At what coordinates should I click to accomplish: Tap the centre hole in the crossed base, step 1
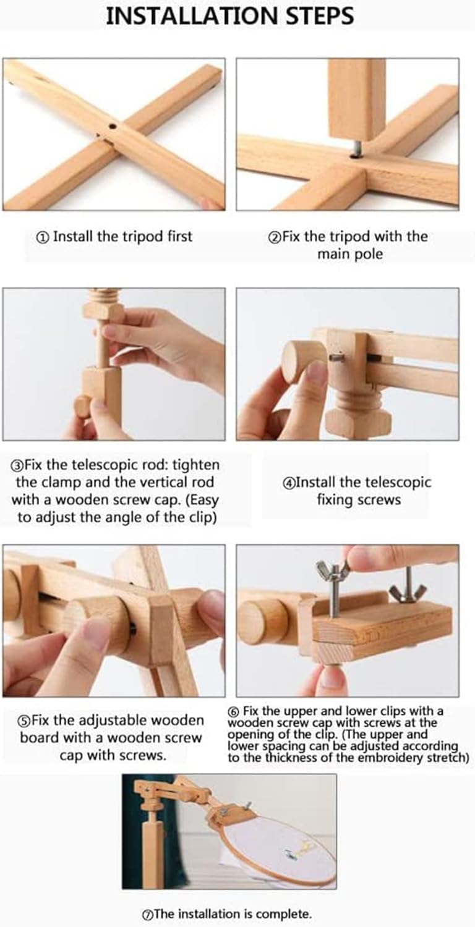[112, 125]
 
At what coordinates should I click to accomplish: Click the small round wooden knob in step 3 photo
[83, 406]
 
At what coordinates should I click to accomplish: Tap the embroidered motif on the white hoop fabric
[298, 849]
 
